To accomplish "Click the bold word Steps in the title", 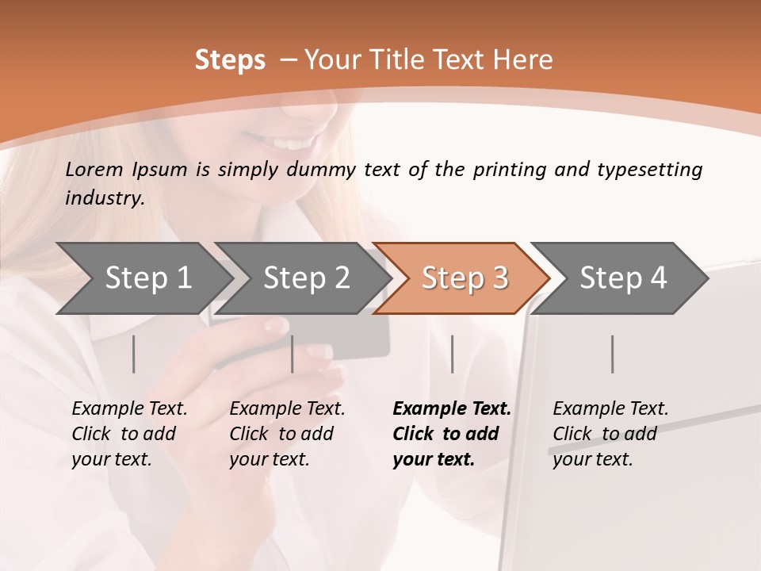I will (x=230, y=60).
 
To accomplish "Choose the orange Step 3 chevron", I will (x=465, y=278).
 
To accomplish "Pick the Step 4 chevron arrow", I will (x=623, y=278).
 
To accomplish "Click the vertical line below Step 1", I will (x=133, y=354).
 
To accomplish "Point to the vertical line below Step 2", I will (x=293, y=354).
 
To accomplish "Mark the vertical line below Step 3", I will (x=453, y=354).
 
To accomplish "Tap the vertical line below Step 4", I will (x=612, y=354).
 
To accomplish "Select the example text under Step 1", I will (x=129, y=434).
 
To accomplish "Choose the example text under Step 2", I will (x=287, y=434).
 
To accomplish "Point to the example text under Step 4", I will (x=610, y=434).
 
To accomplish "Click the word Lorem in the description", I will (x=94, y=169).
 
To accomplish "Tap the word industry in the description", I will (x=105, y=197).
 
